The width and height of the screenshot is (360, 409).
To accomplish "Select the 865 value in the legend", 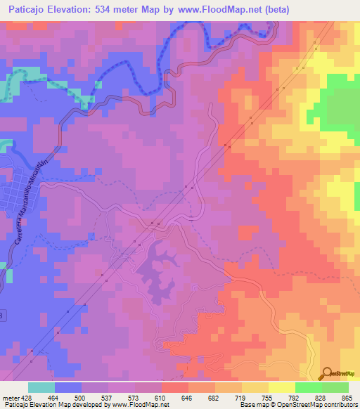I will pos(347,398).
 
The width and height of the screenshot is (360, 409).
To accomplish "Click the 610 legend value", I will pos(160,398).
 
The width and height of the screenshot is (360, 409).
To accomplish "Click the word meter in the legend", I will pos(10,398).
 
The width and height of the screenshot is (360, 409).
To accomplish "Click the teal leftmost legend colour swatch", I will pos(41,387).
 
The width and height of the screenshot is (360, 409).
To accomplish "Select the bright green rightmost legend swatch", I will pos(335,387).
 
